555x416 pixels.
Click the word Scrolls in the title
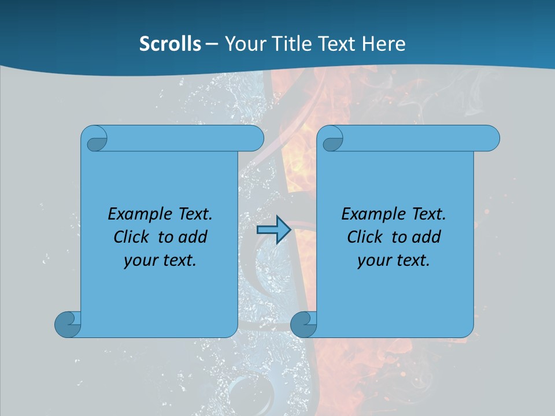[x=171, y=44]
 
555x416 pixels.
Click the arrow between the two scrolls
[x=273, y=230]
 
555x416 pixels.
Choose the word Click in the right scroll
[x=365, y=237]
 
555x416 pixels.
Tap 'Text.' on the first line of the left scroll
[x=194, y=214]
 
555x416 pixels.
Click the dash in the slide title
[x=212, y=44]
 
